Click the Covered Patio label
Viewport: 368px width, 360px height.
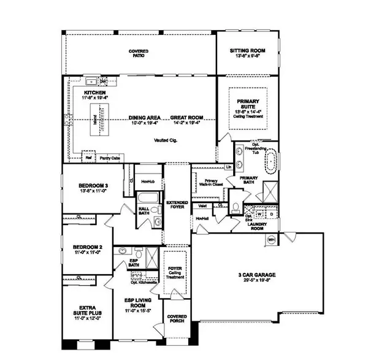[140, 53]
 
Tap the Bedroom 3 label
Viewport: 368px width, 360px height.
[93, 186]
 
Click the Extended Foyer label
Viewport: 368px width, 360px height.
[177, 205]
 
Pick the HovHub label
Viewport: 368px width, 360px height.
[147, 181]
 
